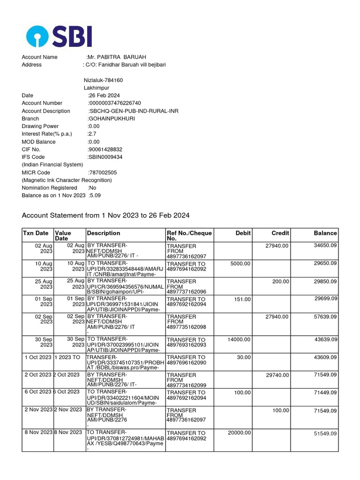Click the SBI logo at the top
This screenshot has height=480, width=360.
tap(59, 36)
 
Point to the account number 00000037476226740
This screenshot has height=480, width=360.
tap(115, 103)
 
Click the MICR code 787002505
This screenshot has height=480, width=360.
tap(103, 172)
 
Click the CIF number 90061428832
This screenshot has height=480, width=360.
tap(105, 150)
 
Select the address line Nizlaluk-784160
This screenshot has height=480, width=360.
tap(103, 80)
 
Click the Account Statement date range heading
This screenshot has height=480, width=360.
tap(105, 215)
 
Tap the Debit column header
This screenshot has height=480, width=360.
tap(243, 233)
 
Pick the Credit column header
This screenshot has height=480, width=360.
tap(280, 233)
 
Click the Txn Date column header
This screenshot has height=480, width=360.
tap(36, 233)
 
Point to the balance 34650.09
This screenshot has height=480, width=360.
tap(325, 246)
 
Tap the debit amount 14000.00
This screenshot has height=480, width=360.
tap(239, 339)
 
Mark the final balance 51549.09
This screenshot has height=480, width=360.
tap(325, 434)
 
